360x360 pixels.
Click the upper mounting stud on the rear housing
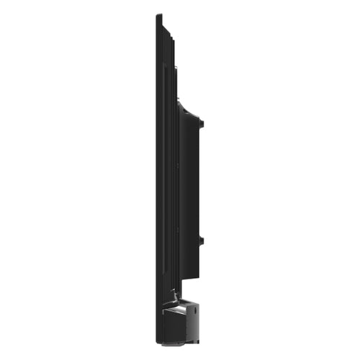coord(202,124)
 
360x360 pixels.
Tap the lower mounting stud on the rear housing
coord(202,240)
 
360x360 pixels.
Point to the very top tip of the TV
coord(158,15)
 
